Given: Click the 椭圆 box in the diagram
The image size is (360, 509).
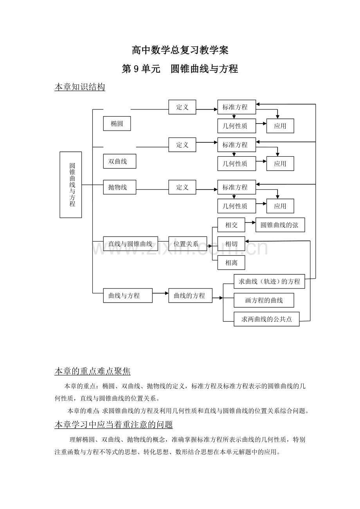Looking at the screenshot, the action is [117, 124].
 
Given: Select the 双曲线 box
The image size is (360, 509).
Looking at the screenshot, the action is [120, 161].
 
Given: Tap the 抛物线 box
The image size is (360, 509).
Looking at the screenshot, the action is [120, 187].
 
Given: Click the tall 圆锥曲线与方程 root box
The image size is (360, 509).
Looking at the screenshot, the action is [71, 185].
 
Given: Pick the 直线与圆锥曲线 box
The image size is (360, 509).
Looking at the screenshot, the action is [131, 244].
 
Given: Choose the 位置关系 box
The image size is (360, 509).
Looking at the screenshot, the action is [187, 244].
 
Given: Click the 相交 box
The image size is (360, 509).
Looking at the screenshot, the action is [231, 225].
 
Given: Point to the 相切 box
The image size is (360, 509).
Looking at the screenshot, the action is [231, 244].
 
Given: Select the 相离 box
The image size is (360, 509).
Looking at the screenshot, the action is [231, 262].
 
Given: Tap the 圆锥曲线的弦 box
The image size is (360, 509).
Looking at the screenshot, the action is [280, 225].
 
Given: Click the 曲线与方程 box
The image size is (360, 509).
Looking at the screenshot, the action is [128, 296].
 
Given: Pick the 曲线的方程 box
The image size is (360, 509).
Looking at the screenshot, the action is [190, 296].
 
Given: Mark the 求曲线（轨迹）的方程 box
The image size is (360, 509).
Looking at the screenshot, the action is [269, 281].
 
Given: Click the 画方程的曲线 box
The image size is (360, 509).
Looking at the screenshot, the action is [264, 300].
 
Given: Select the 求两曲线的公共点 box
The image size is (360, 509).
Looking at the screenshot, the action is [266, 319].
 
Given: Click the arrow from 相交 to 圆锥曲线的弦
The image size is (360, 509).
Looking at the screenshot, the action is [250, 222].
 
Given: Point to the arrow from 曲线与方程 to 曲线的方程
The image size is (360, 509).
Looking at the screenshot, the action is [160, 293].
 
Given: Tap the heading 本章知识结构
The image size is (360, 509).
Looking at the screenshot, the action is [80, 87].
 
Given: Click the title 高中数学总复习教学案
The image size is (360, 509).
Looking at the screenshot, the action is [180, 50].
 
